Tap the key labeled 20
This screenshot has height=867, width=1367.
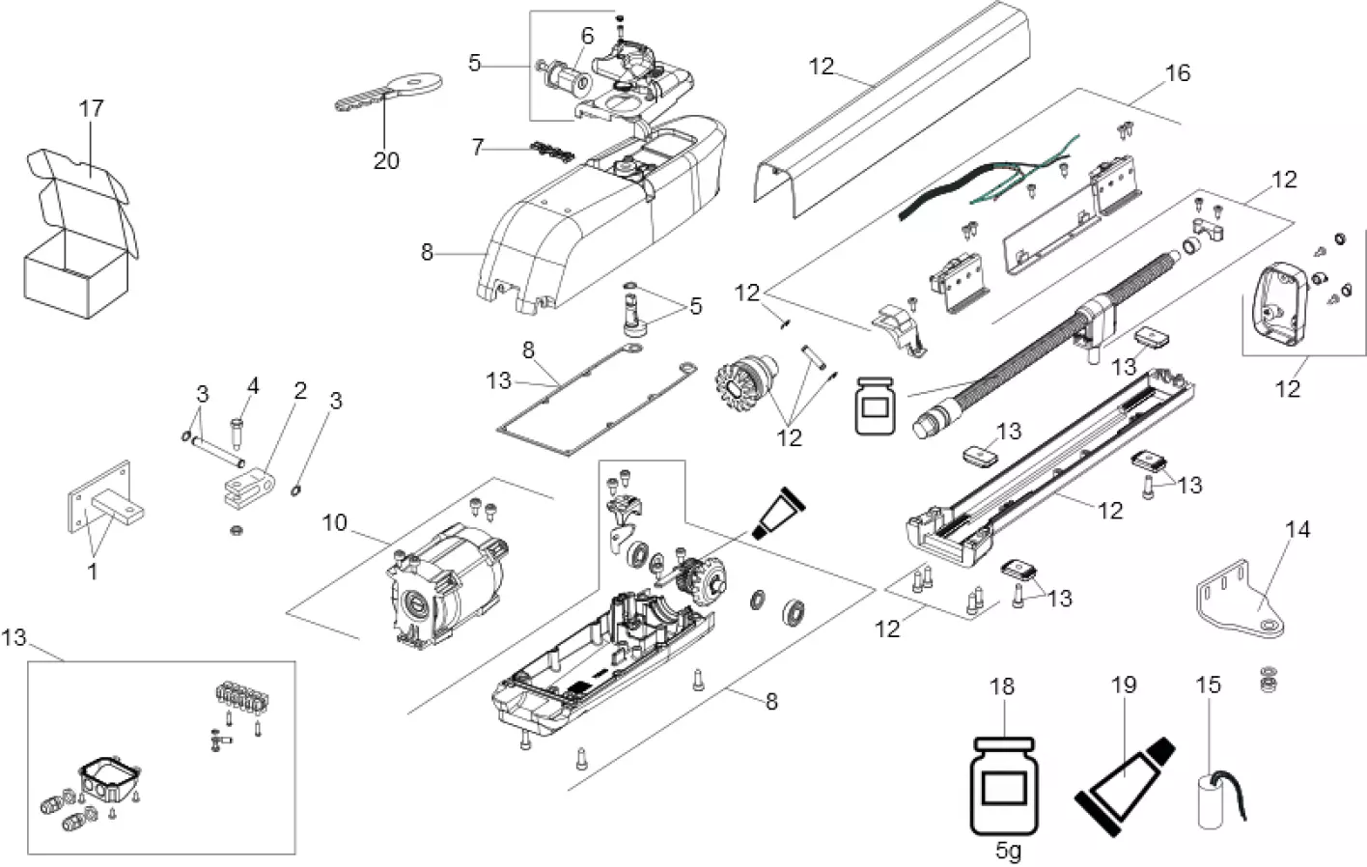point(386,93)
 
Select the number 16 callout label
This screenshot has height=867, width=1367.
point(1178,73)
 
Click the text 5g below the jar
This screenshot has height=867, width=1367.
point(1007,852)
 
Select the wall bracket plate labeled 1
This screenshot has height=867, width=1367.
point(97,502)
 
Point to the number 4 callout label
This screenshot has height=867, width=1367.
point(253,386)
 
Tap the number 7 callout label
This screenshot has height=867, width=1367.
point(477,148)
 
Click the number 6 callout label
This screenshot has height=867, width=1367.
point(587,36)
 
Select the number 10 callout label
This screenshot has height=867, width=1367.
point(334,522)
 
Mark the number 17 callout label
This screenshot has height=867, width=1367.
point(91,108)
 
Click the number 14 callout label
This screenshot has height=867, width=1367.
point(1297,529)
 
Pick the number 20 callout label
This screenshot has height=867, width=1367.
point(386,160)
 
